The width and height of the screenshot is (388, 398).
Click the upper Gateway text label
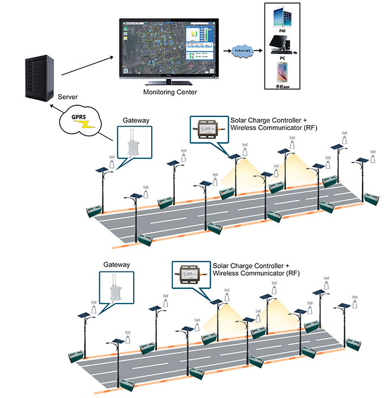pos(135,120)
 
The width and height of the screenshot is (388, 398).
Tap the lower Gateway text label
pos(117,265)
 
